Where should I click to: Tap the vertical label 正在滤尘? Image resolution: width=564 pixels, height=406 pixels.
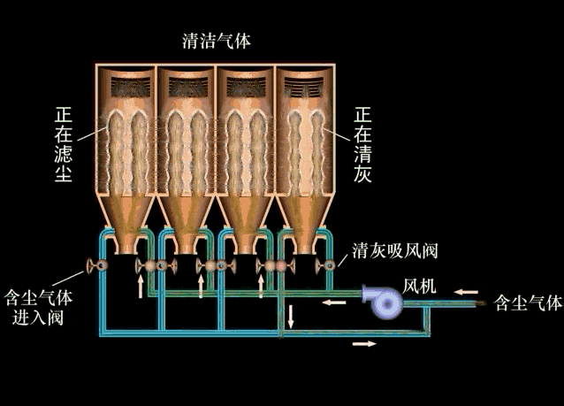[63, 146]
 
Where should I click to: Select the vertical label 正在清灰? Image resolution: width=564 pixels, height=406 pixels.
[362, 146]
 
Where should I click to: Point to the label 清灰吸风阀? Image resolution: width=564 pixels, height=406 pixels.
[394, 250]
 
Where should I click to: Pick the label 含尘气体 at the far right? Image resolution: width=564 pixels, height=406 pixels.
[529, 303]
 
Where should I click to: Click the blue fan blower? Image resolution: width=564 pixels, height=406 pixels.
[386, 302]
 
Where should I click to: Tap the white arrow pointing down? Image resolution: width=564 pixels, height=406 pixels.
[291, 314]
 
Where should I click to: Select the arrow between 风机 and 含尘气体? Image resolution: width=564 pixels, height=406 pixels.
[469, 290]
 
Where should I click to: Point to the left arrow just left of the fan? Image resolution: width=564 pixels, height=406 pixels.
[333, 303]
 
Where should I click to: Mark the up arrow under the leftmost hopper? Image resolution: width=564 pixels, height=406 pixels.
[140, 286]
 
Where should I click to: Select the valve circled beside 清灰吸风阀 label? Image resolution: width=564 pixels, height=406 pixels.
[329, 264]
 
